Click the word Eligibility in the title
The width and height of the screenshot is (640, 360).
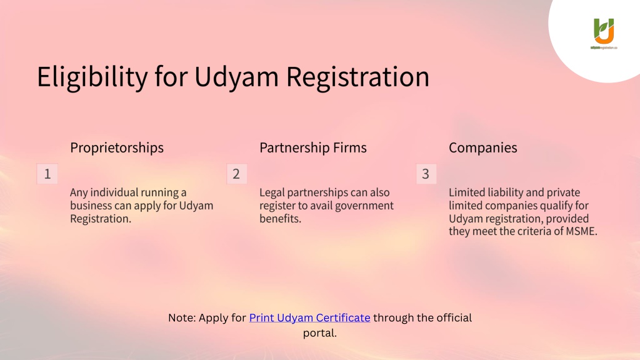pyautogui.click(x=92, y=77)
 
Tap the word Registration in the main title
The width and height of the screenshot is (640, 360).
pyautogui.click(x=357, y=77)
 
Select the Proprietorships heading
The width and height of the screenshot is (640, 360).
pyautogui.click(x=117, y=147)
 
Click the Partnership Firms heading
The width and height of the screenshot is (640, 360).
pyautogui.click(x=313, y=147)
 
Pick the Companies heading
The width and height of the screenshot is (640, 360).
pyautogui.click(x=483, y=147)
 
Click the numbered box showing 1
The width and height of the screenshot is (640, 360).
pyautogui.click(x=47, y=174)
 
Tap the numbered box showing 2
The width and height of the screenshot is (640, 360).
pyautogui.click(x=237, y=174)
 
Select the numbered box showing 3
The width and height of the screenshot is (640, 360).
pyautogui.click(x=426, y=174)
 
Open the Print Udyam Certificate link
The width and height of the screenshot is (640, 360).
pyautogui.click(x=310, y=317)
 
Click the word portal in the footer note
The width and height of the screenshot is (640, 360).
pyautogui.click(x=318, y=333)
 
